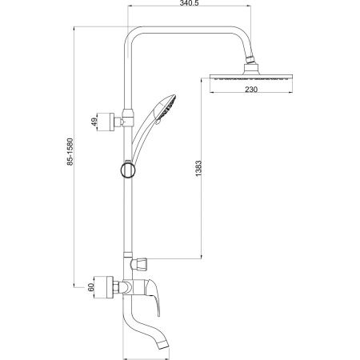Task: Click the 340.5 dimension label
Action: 190,3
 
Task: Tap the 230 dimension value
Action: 251,89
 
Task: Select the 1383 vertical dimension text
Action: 198,169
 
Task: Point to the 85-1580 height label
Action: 70,151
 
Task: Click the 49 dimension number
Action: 94,122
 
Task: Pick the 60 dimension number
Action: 91,287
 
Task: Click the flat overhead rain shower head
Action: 251,77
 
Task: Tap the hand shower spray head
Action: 166,107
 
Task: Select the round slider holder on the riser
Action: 128,170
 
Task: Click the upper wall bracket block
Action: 106,122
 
